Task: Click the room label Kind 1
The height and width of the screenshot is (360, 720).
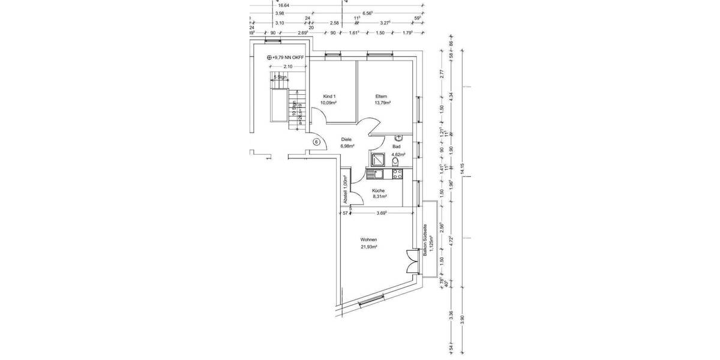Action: pyautogui.click(x=329, y=96)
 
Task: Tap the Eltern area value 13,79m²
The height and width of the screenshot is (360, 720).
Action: pyautogui.click(x=382, y=103)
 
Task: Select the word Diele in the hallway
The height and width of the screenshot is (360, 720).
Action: pyautogui.click(x=346, y=139)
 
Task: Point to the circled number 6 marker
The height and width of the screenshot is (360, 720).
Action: pyautogui.click(x=317, y=142)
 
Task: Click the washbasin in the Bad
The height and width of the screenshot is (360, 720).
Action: pyautogui.click(x=398, y=137)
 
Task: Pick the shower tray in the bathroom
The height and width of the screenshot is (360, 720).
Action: pyautogui.click(x=379, y=159)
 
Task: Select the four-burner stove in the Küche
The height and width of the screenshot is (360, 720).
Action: pyautogui.click(x=397, y=174)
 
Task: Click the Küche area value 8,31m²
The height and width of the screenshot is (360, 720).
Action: pyautogui.click(x=379, y=196)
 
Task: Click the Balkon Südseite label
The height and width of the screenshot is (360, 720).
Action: pyautogui.click(x=425, y=240)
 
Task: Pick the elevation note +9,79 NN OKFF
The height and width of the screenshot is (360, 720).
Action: pyautogui.click(x=287, y=57)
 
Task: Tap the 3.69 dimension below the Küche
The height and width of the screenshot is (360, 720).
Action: pyautogui.click(x=381, y=212)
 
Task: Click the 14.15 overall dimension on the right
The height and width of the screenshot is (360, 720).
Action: pyautogui.click(x=461, y=169)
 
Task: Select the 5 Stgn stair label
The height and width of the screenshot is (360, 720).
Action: pyautogui.click(x=280, y=77)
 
